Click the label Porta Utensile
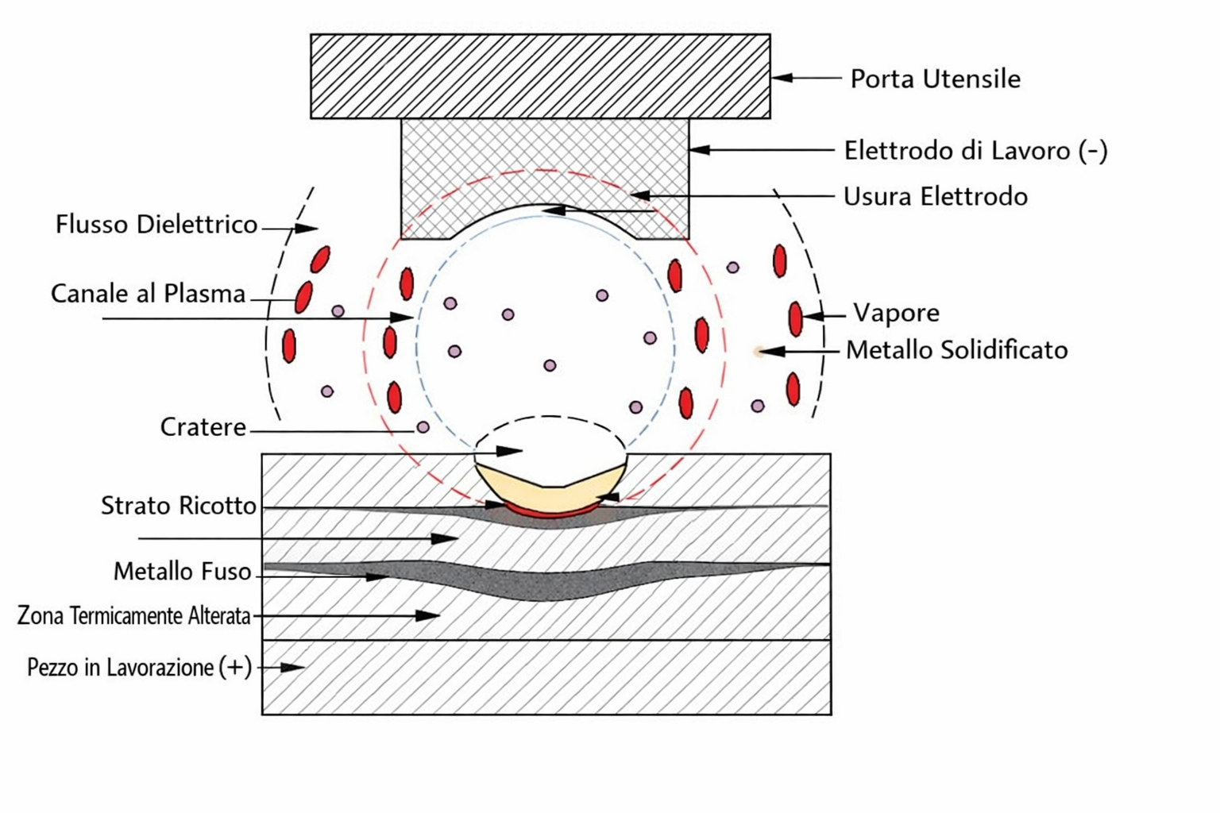(x=935, y=79)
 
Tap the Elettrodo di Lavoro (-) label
(x=975, y=151)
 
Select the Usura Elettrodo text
(x=935, y=197)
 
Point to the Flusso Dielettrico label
(x=156, y=225)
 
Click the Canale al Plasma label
(x=149, y=294)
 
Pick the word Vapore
(x=896, y=313)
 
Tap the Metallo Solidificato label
(x=956, y=350)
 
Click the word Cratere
(x=203, y=427)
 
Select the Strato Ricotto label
(x=178, y=506)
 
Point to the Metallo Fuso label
(x=182, y=572)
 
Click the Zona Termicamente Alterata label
(x=133, y=616)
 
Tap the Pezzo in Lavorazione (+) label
(x=140, y=668)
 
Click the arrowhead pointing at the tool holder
(x=782, y=78)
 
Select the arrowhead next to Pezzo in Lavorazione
(x=293, y=667)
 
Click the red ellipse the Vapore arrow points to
(x=796, y=319)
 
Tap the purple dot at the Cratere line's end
(x=423, y=427)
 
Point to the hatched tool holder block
(x=540, y=76)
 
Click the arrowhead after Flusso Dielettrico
(x=306, y=228)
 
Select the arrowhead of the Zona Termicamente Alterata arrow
(x=427, y=616)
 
